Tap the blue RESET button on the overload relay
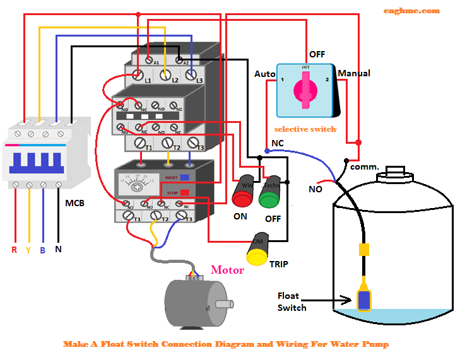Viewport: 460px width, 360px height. pyautogui.click(x=184, y=178)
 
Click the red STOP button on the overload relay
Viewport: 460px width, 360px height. pyautogui.click(x=184, y=192)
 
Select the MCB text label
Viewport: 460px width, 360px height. pyautogui.click(x=74, y=204)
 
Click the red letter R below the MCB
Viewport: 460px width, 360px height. pyautogui.click(x=14, y=250)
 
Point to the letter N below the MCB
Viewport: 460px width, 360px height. pyautogui.click(x=58, y=250)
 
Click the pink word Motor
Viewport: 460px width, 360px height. pyautogui.click(x=227, y=270)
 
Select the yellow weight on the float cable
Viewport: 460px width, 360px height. pyautogui.click(x=363, y=248)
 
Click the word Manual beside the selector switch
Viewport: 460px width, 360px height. pyautogui.click(x=354, y=74)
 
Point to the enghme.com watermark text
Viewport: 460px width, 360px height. pyautogui.click(x=411, y=11)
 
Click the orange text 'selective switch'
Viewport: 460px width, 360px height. pyautogui.click(x=305, y=129)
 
